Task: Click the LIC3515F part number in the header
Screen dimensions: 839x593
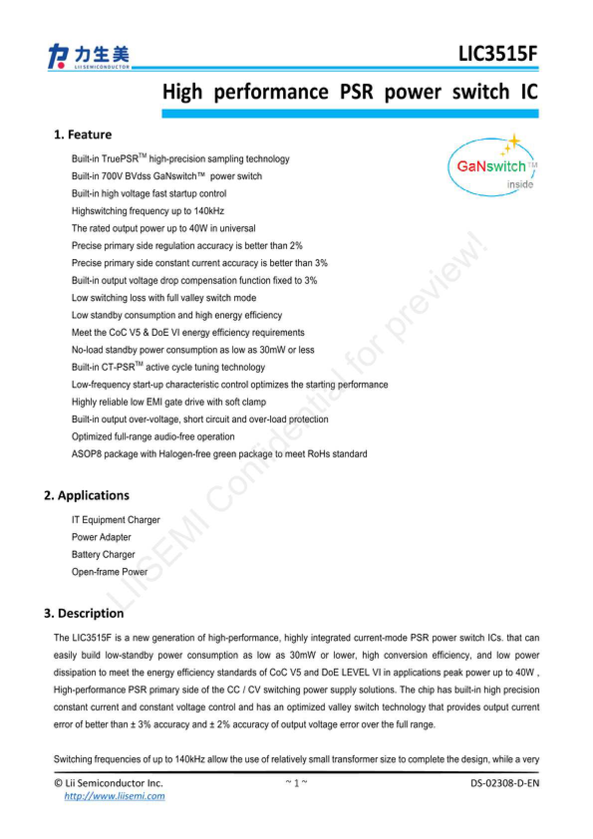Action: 498,54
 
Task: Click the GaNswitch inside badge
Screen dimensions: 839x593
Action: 492,167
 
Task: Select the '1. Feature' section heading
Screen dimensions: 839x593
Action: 83,135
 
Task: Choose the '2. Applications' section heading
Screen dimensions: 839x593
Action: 87,495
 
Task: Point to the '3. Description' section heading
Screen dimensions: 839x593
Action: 84,613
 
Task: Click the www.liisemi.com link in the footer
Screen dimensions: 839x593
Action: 115,796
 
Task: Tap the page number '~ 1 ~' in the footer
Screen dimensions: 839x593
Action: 296,783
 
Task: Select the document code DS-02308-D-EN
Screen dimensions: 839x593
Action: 505,783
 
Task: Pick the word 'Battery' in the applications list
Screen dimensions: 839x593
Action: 86,555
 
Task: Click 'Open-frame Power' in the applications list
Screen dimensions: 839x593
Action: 110,572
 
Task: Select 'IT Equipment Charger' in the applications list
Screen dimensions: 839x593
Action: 116,520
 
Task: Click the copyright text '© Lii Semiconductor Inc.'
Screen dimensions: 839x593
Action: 108,783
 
